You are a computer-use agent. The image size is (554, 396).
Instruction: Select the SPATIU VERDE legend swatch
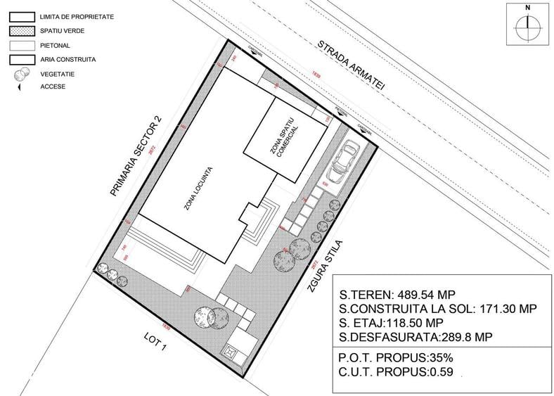point(22,30)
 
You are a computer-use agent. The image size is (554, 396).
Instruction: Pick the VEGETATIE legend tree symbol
point(22,74)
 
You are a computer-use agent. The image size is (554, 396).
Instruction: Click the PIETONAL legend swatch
point(22,45)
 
